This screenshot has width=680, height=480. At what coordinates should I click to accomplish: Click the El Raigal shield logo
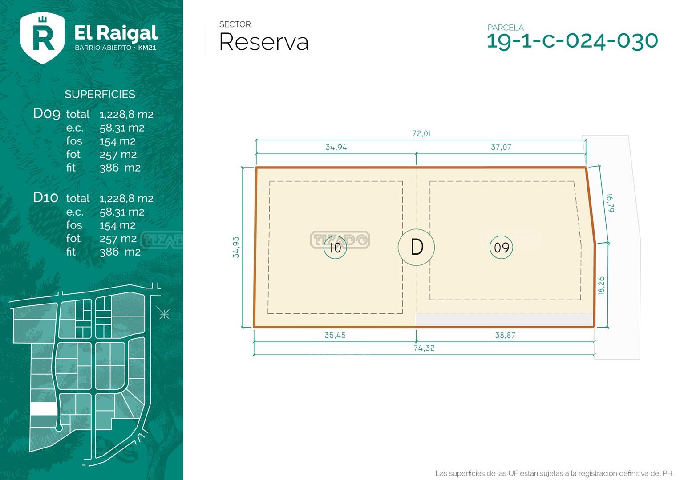pos(43,38)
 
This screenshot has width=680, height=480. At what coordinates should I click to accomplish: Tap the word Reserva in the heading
pos(263,42)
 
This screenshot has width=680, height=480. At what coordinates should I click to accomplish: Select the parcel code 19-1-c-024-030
pos(572,40)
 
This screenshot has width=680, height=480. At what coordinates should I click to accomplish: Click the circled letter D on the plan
pos(416,247)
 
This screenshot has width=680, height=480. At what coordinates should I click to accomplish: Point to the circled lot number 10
pos(335,247)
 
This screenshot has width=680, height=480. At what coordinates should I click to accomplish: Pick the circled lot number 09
pos(501,247)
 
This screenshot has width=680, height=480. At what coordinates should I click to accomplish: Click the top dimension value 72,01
pos(421,133)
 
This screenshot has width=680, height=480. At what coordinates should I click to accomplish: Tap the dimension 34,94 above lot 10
pos(336,147)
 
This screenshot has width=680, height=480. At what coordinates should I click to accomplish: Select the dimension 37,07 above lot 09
pos(501,147)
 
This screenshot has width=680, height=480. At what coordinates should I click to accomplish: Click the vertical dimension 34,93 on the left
pos(236,247)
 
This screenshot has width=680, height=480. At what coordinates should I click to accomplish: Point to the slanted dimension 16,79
pos(610,203)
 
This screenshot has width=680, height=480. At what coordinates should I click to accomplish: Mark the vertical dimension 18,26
pos(602,285)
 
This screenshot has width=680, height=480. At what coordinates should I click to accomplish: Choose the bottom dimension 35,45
pos(335,335)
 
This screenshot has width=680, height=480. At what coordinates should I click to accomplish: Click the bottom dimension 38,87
pos(505,335)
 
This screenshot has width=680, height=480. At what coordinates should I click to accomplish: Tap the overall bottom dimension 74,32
pos(424,348)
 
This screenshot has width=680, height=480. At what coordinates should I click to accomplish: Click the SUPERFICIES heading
pos(100,94)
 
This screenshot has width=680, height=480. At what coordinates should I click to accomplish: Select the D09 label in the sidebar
pos(46,113)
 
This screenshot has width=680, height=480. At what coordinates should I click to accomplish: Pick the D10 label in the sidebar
pos(45,197)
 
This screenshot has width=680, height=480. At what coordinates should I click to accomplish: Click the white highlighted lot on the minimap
pos(43,409)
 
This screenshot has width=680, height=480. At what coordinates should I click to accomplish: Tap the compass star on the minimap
pos(164,314)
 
